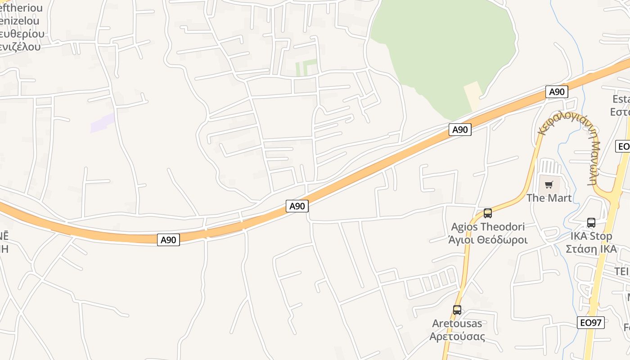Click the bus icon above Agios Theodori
point(487,213)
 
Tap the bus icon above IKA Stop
point(591,223)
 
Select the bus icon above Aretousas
point(457,310)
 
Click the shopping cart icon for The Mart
point(549,184)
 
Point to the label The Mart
point(549,198)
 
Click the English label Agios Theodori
point(488,227)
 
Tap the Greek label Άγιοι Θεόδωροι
point(488,239)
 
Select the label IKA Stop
point(591,236)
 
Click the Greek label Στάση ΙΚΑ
point(591,249)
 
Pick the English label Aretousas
point(457,324)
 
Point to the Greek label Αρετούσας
point(457,337)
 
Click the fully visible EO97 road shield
point(591,323)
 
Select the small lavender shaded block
point(103,123)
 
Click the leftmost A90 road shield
point(169,240)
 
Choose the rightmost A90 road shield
point(557,92)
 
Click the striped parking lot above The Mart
point(550,167)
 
